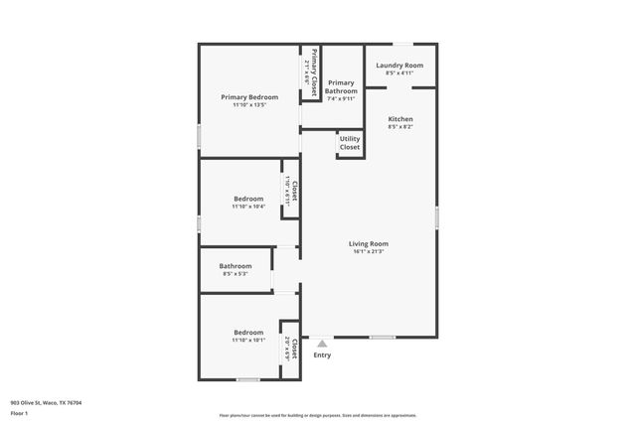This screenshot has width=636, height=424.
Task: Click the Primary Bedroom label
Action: pos(249,97)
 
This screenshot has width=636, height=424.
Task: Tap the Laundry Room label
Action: pos(399,66)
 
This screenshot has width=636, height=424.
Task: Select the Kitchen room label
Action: pos(399,119)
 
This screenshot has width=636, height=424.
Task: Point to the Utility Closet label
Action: pos(350,143)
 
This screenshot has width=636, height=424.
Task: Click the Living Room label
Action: pos(368,244)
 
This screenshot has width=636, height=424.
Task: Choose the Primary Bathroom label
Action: pos(340,86)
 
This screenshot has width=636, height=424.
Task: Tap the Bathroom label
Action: pos(236,266)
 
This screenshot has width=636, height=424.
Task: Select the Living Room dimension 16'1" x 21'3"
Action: pos(368,252)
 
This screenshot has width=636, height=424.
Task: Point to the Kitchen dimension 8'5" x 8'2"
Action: pos(399,127)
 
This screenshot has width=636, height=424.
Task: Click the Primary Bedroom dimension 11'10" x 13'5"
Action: pos(249,105)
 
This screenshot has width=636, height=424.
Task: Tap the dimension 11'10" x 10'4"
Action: pos(248,207)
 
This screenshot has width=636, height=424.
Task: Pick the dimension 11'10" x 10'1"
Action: pos(248,341)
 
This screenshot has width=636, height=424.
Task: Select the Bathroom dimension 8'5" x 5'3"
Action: pos(236,274)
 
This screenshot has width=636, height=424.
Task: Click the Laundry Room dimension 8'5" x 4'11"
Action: pos(399,73)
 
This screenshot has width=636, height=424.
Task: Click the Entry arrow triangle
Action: pos(322,344)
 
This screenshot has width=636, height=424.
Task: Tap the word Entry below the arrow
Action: pos(322,354)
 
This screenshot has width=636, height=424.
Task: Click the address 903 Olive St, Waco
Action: pos(46,402)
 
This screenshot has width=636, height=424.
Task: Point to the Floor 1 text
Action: pos(19,413)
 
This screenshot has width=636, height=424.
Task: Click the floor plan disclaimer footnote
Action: pos(317,415)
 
